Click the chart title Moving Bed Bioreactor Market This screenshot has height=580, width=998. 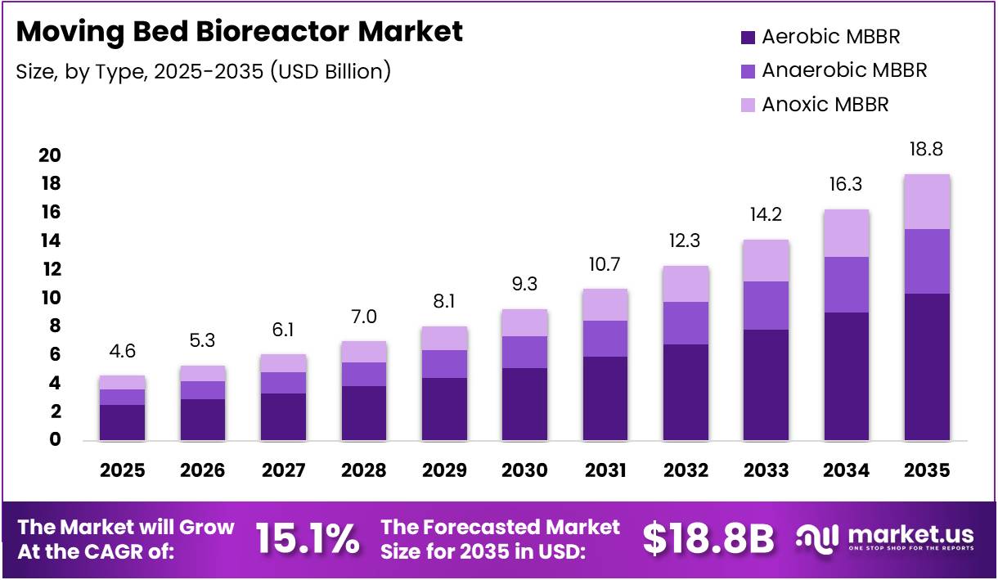239,31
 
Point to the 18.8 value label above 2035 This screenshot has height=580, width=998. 927,150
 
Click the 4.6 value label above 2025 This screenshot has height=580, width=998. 122,352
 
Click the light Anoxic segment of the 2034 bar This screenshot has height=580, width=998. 847,233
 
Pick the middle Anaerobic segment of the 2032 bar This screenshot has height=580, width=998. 686,323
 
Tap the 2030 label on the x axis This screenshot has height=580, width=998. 524,470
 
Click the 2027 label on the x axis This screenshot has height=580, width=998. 283,470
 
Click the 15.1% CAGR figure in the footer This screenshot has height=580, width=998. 308,539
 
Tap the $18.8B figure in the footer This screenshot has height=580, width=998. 708,539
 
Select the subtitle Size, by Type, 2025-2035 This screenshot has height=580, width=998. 203,71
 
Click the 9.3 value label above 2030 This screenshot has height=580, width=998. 524,286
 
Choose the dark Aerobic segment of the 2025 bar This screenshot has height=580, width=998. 122,422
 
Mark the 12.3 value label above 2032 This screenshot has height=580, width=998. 686,242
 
